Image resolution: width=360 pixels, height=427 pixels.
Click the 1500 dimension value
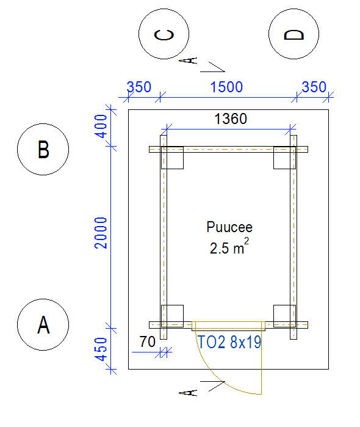coord(226,87)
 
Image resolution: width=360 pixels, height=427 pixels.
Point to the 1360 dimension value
coord(231,119)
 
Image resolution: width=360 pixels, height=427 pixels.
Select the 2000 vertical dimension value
coord(101,233)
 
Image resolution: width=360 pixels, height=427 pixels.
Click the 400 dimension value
coord(101,126)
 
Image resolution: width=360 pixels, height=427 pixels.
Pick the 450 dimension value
coord(101,349)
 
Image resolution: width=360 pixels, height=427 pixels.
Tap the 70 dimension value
coord(147,341)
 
